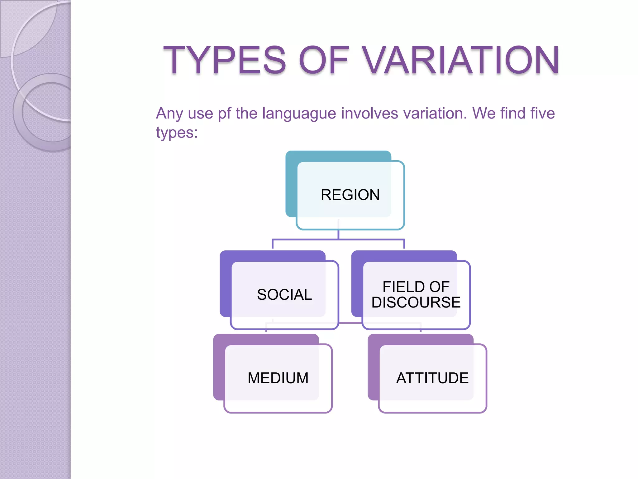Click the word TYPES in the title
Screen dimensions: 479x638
[224, 60]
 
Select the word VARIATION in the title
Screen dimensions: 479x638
[461, 60]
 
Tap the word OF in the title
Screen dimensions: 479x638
[324, 60]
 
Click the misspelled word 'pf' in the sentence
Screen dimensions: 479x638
[224, 114]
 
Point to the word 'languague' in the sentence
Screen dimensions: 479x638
[299, 114]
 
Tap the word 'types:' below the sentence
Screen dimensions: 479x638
[177, 133]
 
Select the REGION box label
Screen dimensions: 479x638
[350, 195]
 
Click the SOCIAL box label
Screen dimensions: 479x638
[284, 295]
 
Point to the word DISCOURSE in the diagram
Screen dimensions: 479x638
[416, 302]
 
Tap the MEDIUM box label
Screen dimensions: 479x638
[278, 378]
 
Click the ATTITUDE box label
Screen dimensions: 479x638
[432, 378]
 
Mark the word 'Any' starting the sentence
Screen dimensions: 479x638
[169, 114]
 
